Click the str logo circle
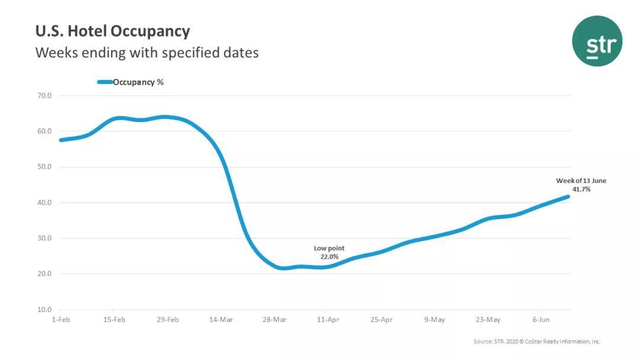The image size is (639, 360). point(597,41)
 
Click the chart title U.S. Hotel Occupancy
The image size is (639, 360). point(112,31)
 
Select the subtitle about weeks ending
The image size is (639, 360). point(147,53)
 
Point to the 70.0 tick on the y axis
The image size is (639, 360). point(45,95)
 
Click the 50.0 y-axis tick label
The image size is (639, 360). point(45,167)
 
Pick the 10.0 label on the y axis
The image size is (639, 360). point(45,310)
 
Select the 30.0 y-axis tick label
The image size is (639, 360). point(45,238)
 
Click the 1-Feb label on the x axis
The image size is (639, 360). point(62,320)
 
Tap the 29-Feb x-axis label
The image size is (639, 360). point(168,320)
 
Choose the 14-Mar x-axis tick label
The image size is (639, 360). point(221,320)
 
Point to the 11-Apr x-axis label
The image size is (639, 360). point(328,320)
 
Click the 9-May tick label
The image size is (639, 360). point(434,320)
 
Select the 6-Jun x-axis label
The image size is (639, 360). point(541,320)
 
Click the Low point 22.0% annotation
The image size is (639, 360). point(329,252)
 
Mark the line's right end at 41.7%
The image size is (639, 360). point(568,197)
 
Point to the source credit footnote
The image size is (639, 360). point(537,342)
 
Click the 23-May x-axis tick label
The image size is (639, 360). point(488,320)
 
